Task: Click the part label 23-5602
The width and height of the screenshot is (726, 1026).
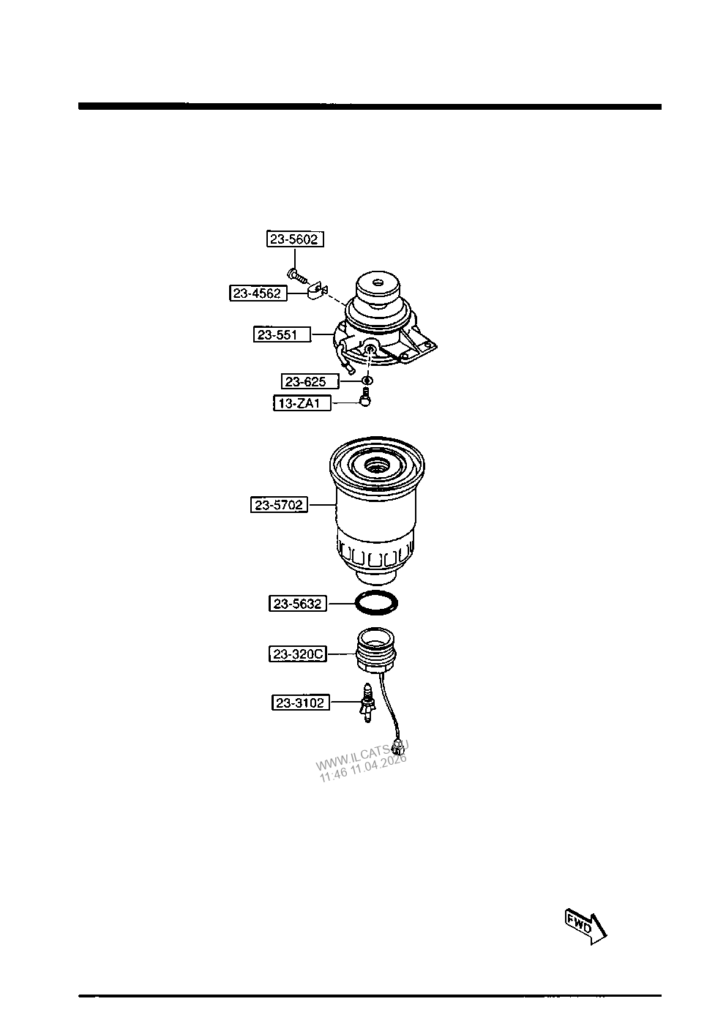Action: [295, 239]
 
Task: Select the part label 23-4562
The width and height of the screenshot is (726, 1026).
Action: [258, 293]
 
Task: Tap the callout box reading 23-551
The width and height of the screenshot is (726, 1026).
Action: [282, 335]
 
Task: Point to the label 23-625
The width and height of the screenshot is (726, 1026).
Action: [310, 381]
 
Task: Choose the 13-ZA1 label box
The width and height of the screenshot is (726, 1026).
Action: [302, 403]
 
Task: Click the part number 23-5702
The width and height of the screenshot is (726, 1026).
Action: [279, 505]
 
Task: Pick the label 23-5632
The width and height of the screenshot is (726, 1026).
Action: [298, 604]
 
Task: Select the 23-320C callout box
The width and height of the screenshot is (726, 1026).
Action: [298, 654]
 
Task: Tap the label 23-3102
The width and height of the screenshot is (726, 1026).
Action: [301, 703]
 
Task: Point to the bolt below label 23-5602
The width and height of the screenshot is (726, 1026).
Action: [297, 275]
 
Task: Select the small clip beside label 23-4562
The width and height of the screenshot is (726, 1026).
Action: [317, 291]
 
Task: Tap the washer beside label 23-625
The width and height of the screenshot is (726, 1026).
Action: [367, 380]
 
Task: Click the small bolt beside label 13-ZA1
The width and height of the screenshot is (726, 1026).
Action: [365, 397]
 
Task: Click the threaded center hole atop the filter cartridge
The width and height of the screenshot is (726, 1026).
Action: [377, 468]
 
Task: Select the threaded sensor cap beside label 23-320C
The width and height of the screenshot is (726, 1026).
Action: [376, 651]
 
